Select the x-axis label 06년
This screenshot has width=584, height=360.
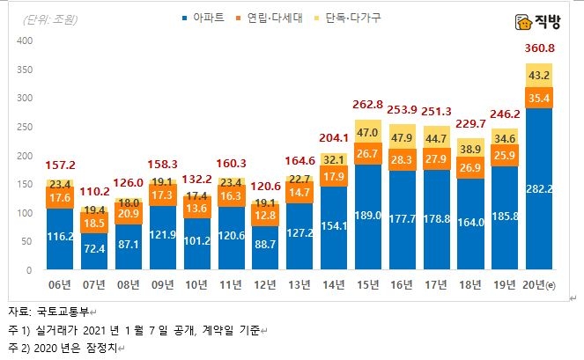click(60, 283)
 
